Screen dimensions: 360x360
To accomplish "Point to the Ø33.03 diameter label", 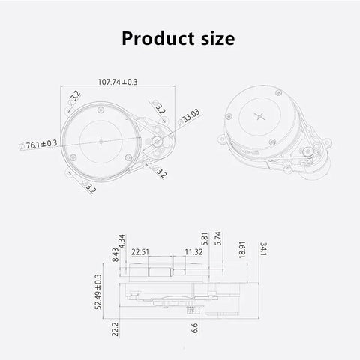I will pyautogui.click(x=190, y=118).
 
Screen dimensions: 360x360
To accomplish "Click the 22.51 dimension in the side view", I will pyautogui.click(x=140, y=252).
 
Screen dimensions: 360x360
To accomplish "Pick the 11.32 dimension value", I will pyautogui.click(x=193, y=252).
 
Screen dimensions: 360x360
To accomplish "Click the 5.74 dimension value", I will pyautogui.click(x=217, y=240).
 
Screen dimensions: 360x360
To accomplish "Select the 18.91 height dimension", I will pyautogui.click(x=240, y=250).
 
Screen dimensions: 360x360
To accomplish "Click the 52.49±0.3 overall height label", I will pyautogui.click(x=97, y=292).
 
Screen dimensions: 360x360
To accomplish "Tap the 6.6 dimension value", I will pyautogui.click(x=194, y=328).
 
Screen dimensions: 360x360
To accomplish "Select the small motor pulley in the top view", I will pyautogui.click(x=158, y=141).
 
